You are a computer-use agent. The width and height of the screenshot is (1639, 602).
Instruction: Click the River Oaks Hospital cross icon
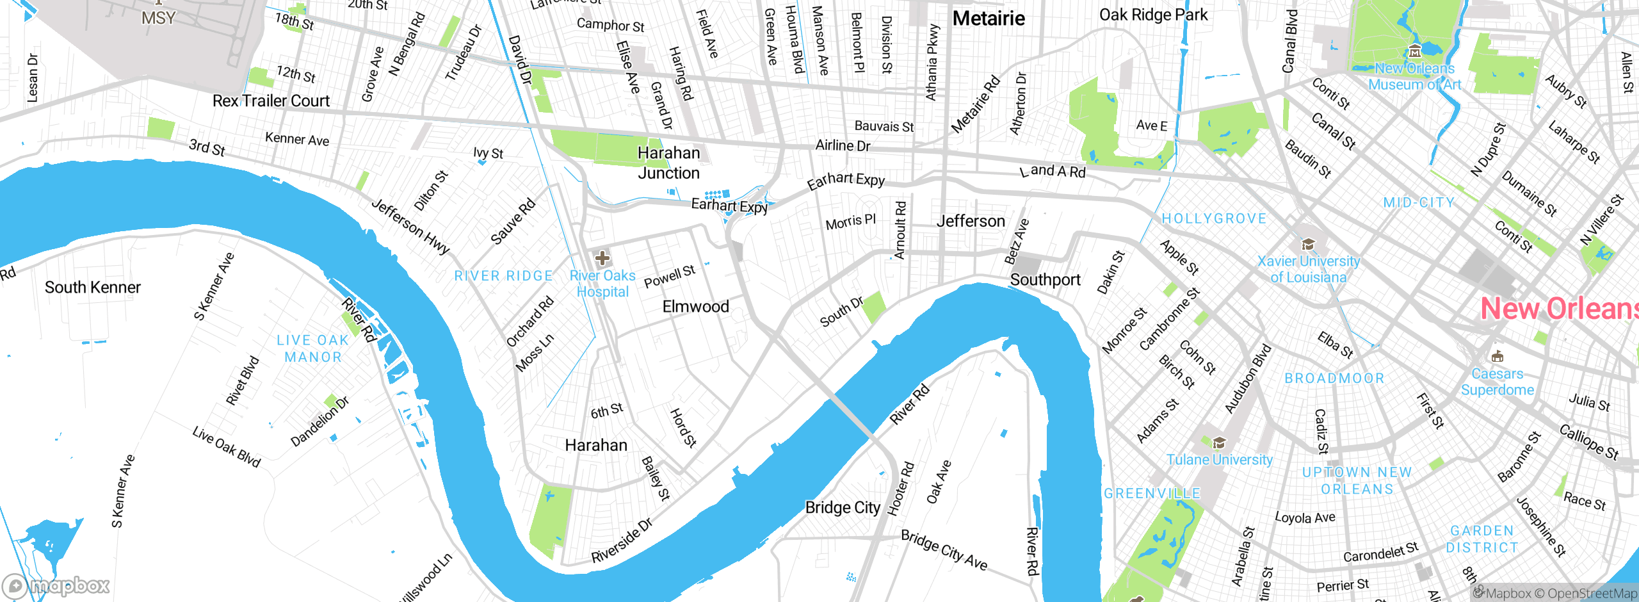coord(602,258)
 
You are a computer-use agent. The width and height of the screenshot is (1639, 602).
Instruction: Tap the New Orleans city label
coord(1559,309)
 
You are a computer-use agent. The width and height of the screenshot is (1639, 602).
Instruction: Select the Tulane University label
coord(1219,460)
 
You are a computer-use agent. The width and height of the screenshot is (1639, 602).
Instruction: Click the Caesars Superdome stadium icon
coord(1497,357)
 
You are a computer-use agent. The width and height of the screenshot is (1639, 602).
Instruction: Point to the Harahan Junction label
coord(668,163)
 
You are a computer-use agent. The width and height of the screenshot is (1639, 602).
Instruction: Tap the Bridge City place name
coord(843,508)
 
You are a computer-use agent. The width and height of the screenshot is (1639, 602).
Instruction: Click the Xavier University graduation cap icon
coord(1308,244)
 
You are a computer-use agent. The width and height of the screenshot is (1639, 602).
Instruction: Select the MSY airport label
coord(158,18)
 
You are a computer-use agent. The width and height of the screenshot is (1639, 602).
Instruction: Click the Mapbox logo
coord(56,585)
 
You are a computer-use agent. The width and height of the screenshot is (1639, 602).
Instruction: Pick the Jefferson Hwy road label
coord(410,227)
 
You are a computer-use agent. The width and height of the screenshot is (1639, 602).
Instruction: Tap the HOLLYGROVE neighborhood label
coord(1214,219)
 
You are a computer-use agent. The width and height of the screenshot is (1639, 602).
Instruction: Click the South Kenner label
coord(93,288)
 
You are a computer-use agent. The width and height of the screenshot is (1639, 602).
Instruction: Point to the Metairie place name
coord(989,19)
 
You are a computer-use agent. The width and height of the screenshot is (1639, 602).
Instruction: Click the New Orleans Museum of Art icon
coord(1415,52)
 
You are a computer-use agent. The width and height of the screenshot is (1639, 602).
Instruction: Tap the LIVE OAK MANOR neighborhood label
coord(313,349)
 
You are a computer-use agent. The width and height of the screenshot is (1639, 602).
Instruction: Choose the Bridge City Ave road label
coord(944,550)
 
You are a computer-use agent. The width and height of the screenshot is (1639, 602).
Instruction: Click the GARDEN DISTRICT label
coord(1482,539)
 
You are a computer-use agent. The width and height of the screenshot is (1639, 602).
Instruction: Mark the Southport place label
coord(1045,280)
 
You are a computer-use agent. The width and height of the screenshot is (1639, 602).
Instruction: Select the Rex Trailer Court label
coord(271,101)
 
